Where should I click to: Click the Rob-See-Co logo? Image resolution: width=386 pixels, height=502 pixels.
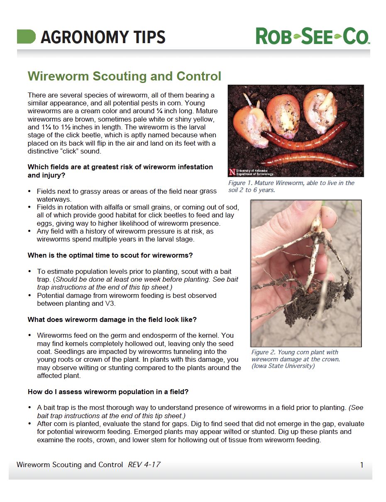click(x=312, y=36)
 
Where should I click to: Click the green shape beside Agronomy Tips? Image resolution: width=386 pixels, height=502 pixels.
click(x=26, y=37)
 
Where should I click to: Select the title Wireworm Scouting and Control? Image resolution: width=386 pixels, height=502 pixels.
click(x=124, y=76)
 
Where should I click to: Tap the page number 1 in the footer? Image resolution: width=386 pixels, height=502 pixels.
click(x=362, y=465)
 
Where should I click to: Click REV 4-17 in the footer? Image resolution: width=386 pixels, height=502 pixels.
click(x=144, y=465)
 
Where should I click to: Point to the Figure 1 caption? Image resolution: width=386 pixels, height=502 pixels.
click(x=291, y=186)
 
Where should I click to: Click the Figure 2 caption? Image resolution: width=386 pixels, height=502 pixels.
click(x=296, y=359)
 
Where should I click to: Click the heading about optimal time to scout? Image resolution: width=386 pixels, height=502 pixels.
click(x=110, y=255)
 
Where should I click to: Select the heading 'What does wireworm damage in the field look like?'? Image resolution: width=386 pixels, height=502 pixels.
click(x=112, y=320)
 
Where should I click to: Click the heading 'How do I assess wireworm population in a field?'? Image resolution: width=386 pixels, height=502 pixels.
click(x=108, y=392)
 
